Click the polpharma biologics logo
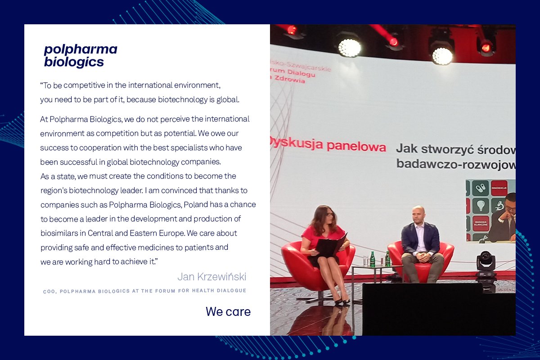coord(80,56)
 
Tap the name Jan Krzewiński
coord(211,276)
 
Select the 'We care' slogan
coord(228,311)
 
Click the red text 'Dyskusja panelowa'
coord(328,146)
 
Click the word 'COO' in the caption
coord(49,291)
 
